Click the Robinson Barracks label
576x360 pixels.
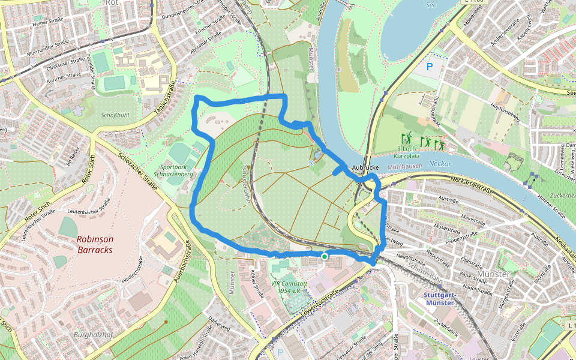[94, 244]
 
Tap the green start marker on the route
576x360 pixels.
[325, 257]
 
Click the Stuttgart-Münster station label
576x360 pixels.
[441, 299]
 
